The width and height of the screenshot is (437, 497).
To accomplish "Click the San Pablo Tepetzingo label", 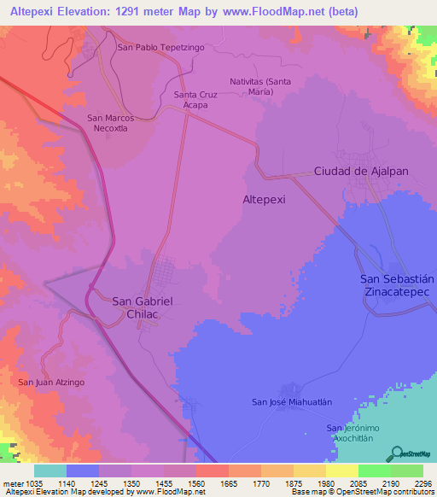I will point(160,48).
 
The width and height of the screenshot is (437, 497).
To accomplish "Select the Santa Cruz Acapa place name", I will point(197,100).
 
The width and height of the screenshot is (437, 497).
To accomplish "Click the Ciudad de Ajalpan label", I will point(361,171).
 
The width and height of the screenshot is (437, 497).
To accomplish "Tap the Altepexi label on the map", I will point(265,198).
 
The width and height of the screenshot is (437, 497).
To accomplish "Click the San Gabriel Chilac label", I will point(143,307).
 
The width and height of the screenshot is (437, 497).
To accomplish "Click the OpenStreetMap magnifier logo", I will point(397,453).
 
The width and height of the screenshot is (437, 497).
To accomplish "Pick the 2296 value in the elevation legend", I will point(411,482).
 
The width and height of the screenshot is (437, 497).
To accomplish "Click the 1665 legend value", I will point(228,482).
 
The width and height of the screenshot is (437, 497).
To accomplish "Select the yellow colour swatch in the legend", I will point(341,471).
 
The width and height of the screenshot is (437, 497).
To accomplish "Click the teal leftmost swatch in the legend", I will point(50,471).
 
